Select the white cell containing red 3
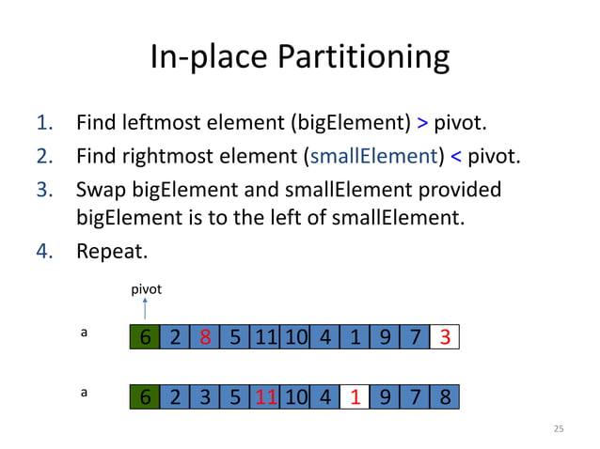(444, 337)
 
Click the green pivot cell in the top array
(145, 337)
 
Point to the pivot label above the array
(146, 289)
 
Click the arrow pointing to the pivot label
(145, 311)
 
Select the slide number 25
(559, 428)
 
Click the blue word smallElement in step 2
(384, 155)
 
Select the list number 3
(43, 190)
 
